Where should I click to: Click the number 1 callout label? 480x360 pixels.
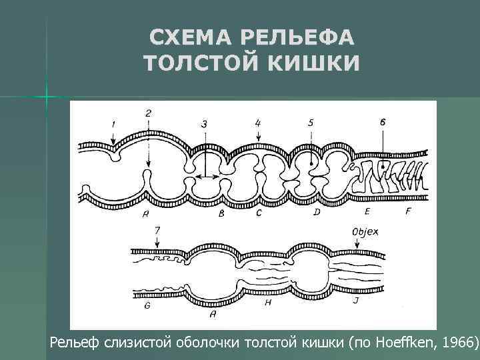pyautogui.click(x=113, y=124)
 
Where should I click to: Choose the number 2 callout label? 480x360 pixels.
pyautogui.click(x=148, y=113)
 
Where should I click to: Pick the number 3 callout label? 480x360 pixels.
pyautogui.click(x=204, y=123)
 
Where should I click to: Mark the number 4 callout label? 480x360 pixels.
pyautogui.click(x=258, y=123)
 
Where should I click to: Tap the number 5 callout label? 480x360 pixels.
pyautogui.click(x=311, y=123)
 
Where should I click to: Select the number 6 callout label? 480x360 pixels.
pyautogui.click(x=382, y=122)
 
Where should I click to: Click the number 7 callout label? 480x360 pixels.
pyautogui.click(x=157, y=231)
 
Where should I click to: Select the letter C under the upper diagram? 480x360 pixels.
pyautogui.click(x=258, y=214)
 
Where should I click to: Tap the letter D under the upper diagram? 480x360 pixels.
pyautogui.click(x=317, y=212)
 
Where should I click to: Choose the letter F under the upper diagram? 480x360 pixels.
pyautogui.click(x=407, y=211)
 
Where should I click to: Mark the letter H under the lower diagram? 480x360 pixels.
pyautogui.click(x=267, y=302)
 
